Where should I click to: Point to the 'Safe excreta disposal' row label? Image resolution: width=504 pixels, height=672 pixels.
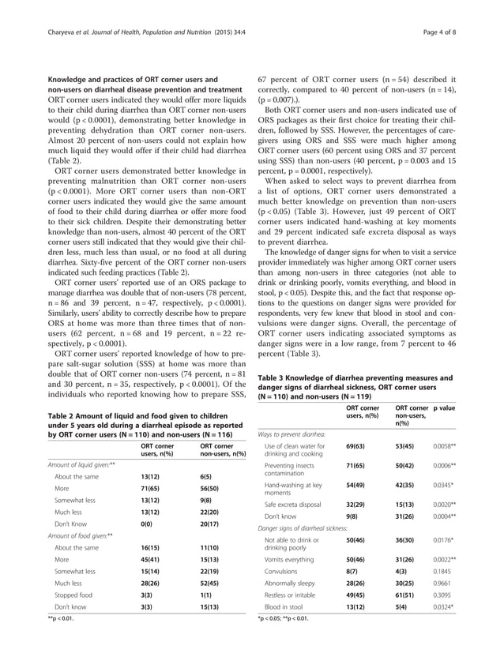point(296,502)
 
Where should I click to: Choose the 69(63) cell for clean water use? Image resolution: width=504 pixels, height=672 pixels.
point(357,447)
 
